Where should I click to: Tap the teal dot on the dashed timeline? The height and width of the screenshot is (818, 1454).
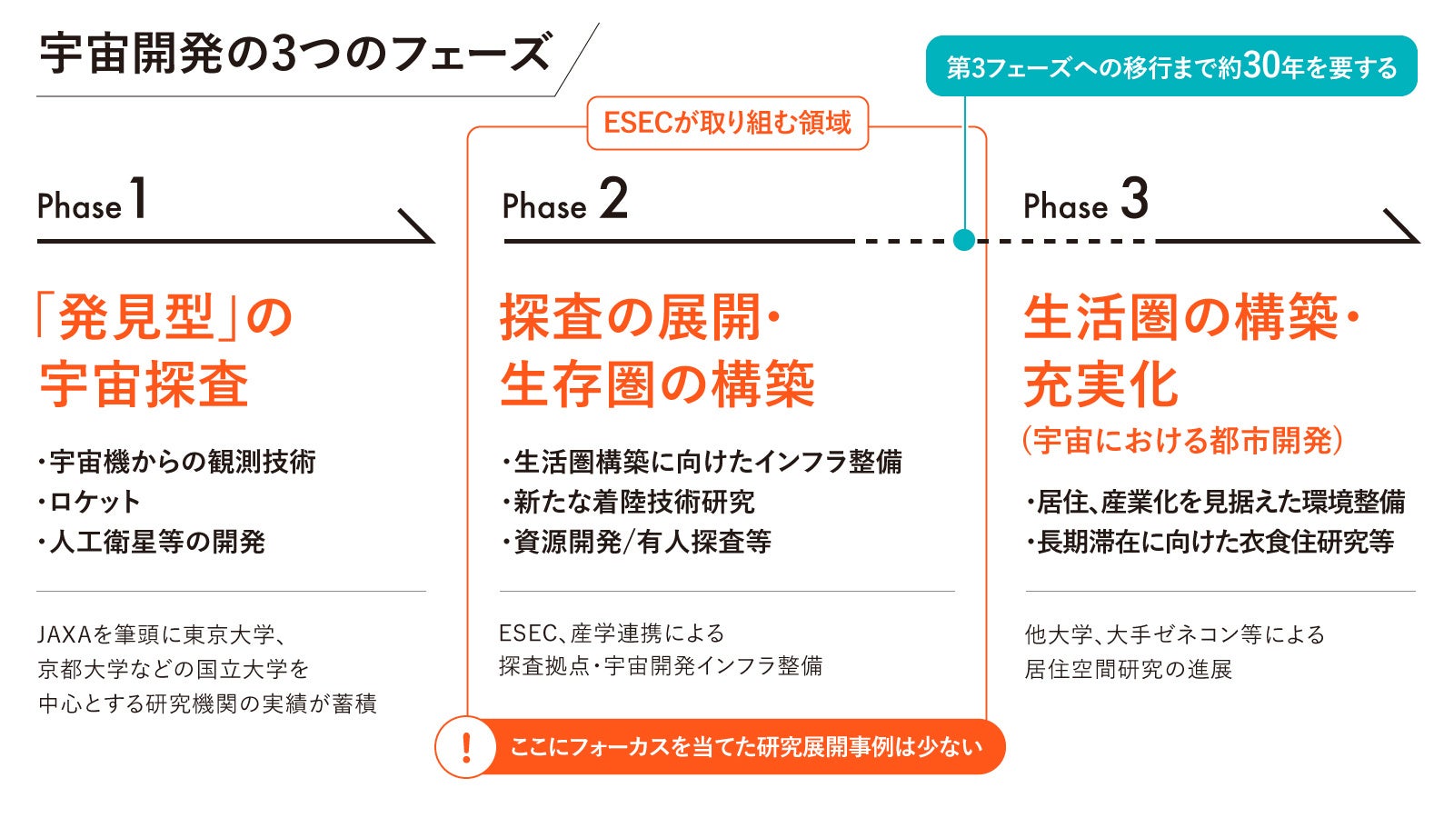point(964,240)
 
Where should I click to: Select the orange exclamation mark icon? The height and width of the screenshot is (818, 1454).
point(466,747)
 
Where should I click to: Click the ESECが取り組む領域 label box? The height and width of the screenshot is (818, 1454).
point(727,123)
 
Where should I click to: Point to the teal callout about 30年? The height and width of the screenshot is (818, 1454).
point(1170,66)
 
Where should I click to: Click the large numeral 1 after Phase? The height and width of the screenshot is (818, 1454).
point(138,199)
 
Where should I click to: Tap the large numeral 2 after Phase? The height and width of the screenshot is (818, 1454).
point(613,199)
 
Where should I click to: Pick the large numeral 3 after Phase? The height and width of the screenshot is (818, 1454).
point(1134,199)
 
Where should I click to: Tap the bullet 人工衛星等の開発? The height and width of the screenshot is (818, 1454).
point(156,542)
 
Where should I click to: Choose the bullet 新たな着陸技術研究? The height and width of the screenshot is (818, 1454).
point(633,502)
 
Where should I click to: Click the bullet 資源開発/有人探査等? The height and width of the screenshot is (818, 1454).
point(642,542)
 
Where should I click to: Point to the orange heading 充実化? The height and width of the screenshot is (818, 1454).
point(1100,385)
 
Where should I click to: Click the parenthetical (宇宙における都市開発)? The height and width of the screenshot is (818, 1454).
point(1182,441)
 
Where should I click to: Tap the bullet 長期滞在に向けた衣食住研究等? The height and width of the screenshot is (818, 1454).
point(1215,542)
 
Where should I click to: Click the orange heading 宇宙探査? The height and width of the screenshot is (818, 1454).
point(144,385)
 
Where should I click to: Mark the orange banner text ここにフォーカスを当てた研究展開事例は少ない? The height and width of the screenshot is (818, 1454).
point(746,747)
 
